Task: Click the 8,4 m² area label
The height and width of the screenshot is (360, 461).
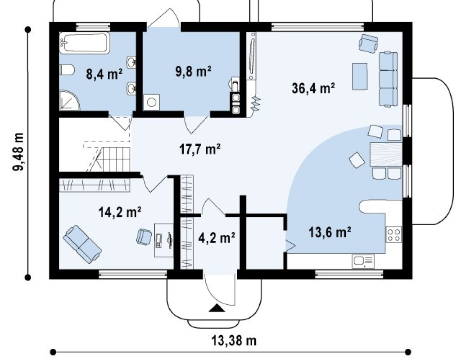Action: (104, 74)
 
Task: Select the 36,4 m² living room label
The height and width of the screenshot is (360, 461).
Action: (313, 88)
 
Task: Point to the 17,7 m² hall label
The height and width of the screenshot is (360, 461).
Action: (200, 149)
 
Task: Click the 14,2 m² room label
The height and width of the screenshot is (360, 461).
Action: (120, 212)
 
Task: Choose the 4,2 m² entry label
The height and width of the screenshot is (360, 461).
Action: (217, 238)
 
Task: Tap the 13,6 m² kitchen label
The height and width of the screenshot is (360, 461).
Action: (330, 232)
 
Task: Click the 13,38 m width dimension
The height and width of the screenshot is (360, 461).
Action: (234, 341)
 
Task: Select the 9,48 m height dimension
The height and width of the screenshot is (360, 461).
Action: (18, 152)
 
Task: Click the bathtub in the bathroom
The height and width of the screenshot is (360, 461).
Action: (85, 43)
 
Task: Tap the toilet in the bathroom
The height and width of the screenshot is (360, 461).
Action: (67, 70)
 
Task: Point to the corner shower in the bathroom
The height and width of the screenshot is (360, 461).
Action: (69, 100)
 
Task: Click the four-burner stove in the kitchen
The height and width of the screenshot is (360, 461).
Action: (394, 234)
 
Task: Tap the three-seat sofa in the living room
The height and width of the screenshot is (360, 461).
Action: (388, 79)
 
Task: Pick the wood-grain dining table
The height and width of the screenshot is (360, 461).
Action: (386, 154)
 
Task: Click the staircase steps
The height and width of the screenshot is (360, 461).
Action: (113, 159)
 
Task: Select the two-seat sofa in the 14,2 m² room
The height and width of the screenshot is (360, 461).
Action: (82, 244)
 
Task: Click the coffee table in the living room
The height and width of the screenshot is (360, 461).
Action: (360, 76)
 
